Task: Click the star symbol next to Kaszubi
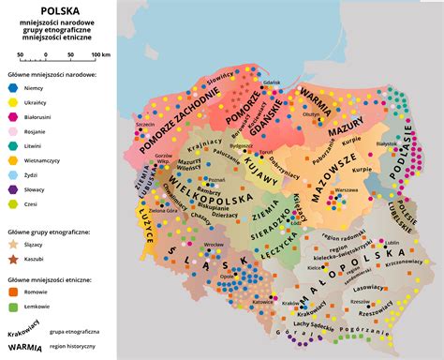pos(13,257)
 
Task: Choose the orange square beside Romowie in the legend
pos(13,291)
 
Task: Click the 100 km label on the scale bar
pos(100,55)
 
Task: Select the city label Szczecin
pos(144,123)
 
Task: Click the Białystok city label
pos(387,143)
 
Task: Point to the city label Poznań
pos(218,177)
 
